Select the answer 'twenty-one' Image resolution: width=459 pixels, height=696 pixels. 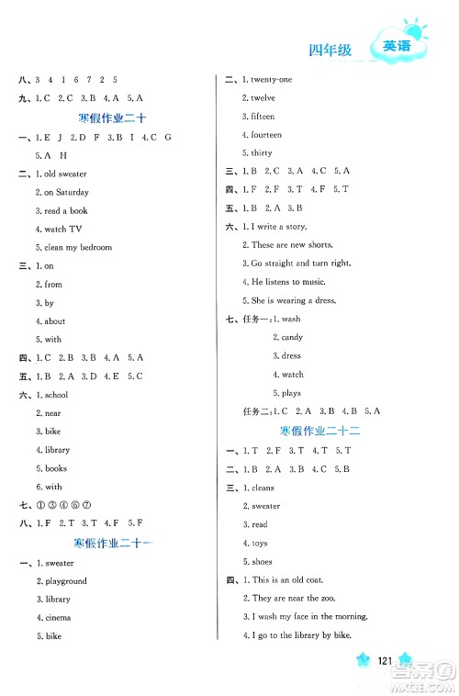pyautogui.click(x=271, y=80)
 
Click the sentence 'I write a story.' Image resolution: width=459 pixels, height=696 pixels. pyautogui.click(x=278, y=226)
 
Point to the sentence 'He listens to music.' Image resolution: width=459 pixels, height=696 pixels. pyautogui.click(x=286, y=281)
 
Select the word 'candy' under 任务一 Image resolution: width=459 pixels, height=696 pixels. pyautogui.click(x=292, y=338)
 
